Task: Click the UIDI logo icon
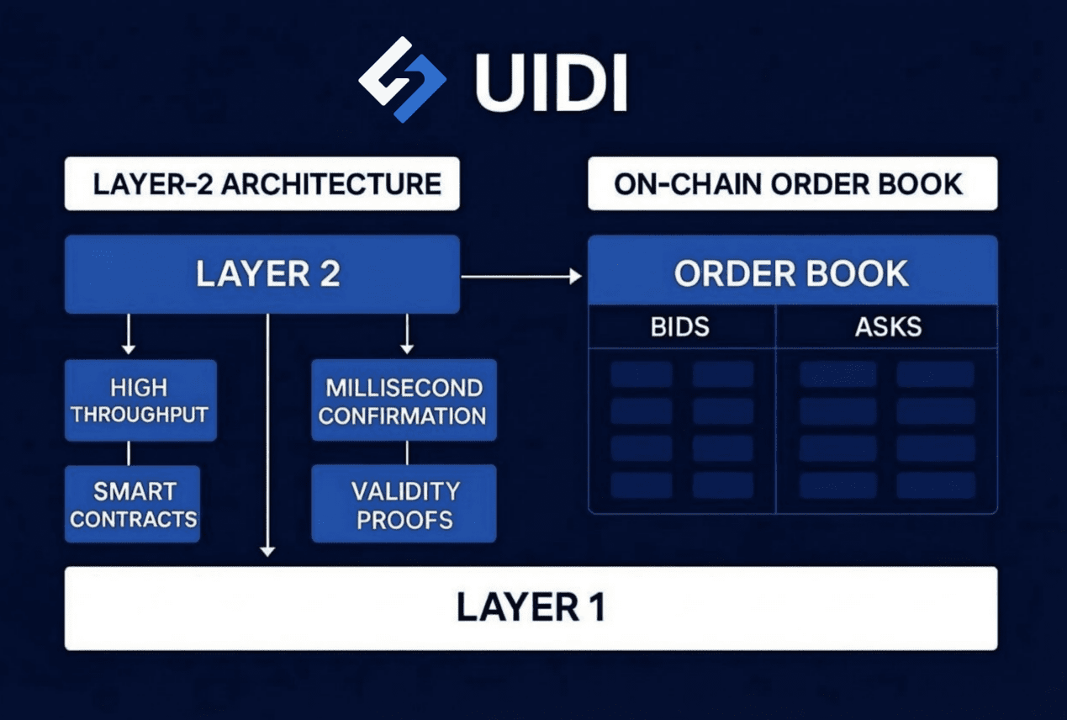tap(402, 79)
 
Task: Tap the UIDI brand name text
tap(551, 83)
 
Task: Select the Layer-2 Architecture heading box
tap(262, 183)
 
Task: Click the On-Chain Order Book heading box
tap(792, 183)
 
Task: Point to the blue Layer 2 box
tap(262, 274)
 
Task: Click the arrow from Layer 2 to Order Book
tap(521, 275)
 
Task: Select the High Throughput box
tap(140, 401)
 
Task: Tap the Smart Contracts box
tap(133, 504)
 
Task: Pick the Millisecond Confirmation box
tap(404, 401)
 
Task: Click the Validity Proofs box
tap(404, 504)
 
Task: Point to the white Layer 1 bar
tap(531, 607)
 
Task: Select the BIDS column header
tap(681, 326)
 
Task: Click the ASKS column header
tap(888, 326)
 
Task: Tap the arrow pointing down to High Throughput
tap(128, 335)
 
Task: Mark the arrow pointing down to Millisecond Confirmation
tap(407, 335)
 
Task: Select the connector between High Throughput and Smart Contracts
tap(129, 453)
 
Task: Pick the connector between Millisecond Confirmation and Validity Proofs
tap(407, 453)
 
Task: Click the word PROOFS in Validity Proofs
tap(404, 519)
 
